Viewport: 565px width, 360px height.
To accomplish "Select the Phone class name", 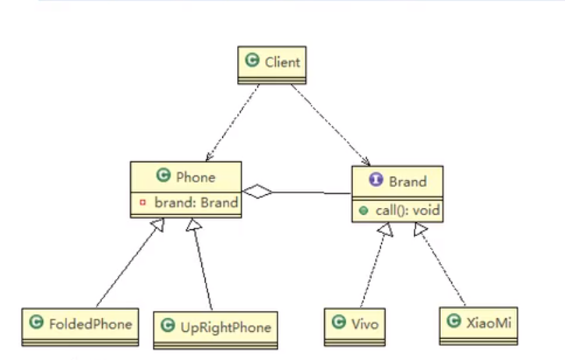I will coord(195,177).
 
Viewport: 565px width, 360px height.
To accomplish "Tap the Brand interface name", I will coord(408,182).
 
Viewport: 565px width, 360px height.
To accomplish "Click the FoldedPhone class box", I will coord(80,323).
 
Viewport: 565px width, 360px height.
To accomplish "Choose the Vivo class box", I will coord(355,323).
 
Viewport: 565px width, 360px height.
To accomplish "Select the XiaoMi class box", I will coord(477,322).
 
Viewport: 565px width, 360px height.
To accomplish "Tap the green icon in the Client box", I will coord(252,62).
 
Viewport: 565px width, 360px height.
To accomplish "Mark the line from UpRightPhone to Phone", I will coord(203,265).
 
